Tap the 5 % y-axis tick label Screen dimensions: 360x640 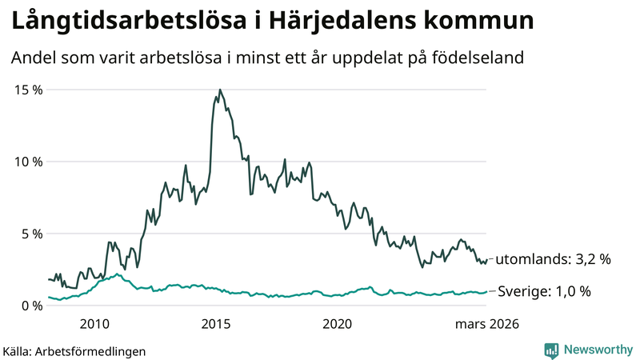click(30, 234)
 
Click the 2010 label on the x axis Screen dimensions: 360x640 click(94, 324)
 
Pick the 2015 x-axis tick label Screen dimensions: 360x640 click(215, 324)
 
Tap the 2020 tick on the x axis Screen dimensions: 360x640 click(337, 324)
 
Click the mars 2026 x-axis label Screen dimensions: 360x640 click(486, 324)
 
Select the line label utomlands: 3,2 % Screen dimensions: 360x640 click(553, 259)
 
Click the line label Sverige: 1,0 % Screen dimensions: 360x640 click(544, 291)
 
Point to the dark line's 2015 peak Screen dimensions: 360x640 click(219, 90)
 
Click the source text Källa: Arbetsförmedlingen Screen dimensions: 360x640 click(74, 350)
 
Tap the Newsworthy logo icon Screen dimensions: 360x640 click(551, 350)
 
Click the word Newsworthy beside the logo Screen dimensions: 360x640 click(597, 350)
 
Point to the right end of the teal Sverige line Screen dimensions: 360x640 click(486, 292)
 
